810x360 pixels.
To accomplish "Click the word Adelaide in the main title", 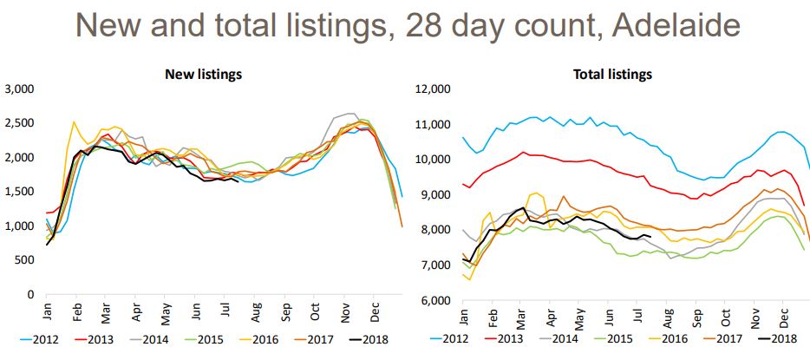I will pos(656,23).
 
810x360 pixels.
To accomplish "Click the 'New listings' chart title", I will pos(203,75).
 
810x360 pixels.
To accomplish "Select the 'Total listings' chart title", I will pos(612,75).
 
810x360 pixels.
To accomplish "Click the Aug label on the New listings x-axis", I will pos(257,311).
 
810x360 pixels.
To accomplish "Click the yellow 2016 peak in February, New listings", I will pos(74,122).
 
